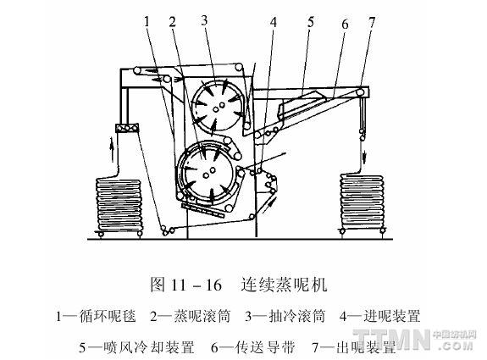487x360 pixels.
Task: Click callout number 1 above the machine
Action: (x=147, y=21)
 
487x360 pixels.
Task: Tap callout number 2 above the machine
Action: (x=173, y=21)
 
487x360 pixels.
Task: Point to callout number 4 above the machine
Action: (x=273, y=22)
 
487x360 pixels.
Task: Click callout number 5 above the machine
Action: (x=311, y=22)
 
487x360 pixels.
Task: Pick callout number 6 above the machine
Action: (x=345, y=24)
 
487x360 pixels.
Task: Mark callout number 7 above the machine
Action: (x=372, y=22)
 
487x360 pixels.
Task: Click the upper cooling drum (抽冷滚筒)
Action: (x=219, y=105)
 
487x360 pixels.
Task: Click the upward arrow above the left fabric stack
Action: (x=113, y=151)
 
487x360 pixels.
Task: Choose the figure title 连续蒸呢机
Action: (x=285, y=284)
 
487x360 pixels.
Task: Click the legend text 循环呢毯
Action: (x=108, y=316)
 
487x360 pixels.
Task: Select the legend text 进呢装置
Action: (x=392, y=316)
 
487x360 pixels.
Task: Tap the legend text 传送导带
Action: (x=266, y=347)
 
